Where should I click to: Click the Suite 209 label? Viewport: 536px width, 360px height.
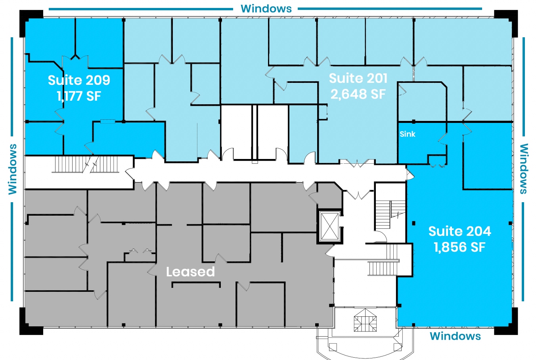79,80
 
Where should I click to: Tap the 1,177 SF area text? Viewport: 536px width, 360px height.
79,96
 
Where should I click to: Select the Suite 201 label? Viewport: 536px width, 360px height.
358,78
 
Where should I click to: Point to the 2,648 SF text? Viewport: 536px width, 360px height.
358,94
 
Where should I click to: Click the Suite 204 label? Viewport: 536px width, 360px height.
459,231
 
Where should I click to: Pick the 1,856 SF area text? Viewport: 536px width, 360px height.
459,247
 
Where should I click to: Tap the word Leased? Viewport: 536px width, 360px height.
190,272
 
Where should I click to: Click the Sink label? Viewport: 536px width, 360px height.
408,134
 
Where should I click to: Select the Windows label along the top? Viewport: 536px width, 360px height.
266,9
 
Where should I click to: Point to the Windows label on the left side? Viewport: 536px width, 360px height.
12,169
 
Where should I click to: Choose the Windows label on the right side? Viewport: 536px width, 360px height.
524,169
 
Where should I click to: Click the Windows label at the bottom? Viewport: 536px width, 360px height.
455,336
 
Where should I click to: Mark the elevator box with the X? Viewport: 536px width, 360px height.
330,226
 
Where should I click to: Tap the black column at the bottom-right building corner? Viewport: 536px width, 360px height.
506,321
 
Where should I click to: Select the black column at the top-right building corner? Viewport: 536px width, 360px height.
506,23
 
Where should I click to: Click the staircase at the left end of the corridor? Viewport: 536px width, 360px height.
86,164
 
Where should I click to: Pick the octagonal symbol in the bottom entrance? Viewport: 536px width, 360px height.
366,320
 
